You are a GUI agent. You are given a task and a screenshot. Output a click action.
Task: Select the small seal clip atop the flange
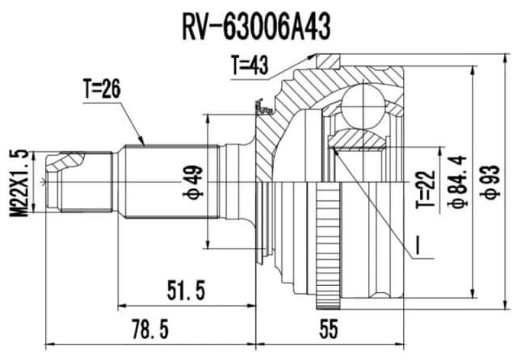(x=261, y=105)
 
